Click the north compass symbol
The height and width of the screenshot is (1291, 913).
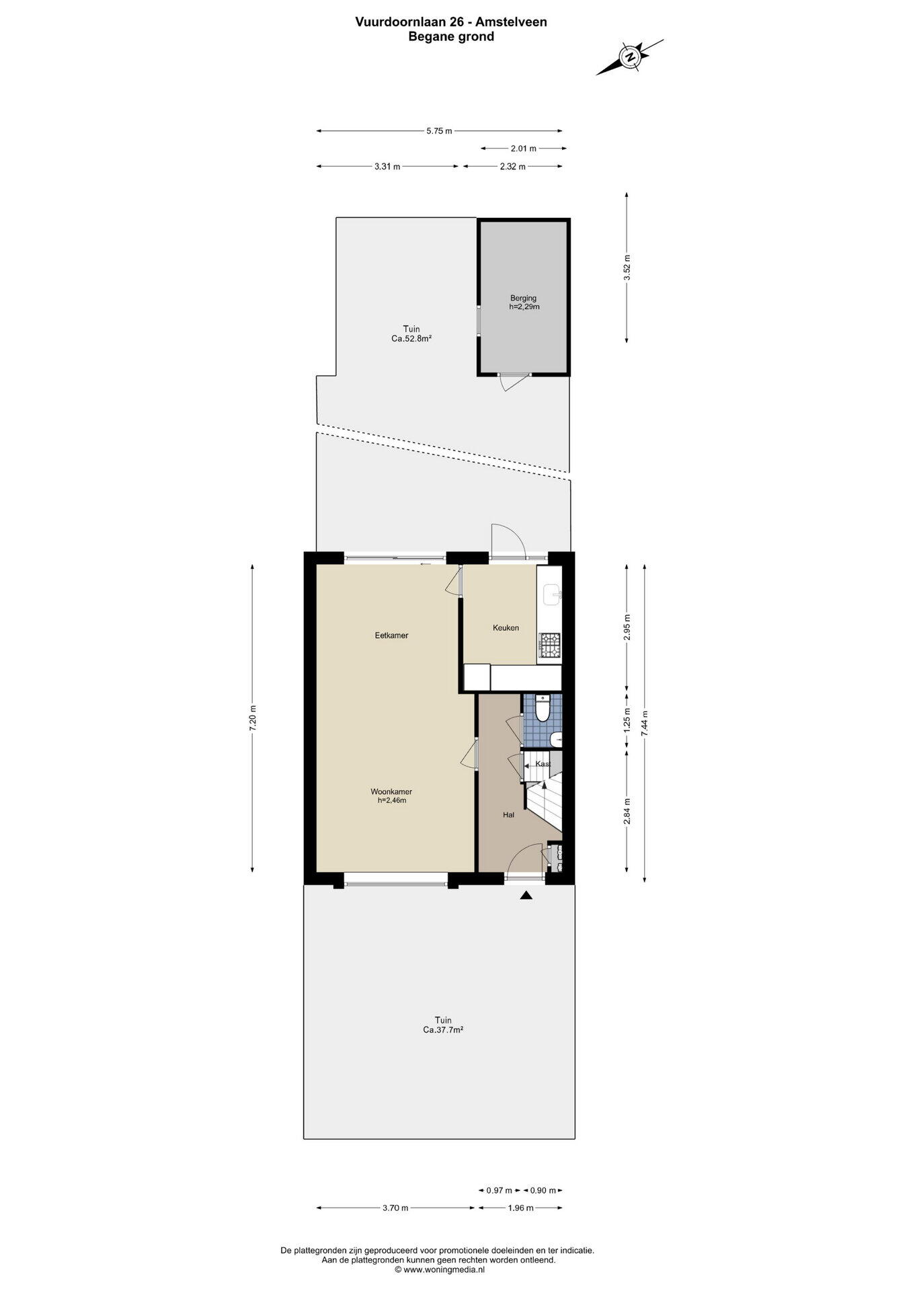(630, 56)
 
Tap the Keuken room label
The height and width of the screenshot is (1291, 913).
(506, 628)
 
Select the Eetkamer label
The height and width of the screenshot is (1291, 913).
(391, 635)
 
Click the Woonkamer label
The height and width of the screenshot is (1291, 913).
(391, 792)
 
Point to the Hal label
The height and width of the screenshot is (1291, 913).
(508, 815)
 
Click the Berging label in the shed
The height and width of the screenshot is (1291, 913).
(523, 299)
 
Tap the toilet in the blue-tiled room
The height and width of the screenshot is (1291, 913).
(543, 708)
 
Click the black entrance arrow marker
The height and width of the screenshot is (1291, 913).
(526, 895)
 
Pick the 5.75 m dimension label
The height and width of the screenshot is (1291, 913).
(439, 131)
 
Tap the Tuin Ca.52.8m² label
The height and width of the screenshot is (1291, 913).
(411, 334)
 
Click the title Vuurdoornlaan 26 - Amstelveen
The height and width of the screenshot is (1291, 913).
(451, 22)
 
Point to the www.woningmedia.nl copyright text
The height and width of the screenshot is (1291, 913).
(439, 1269)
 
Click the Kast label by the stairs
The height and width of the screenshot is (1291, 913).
(543, 764)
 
